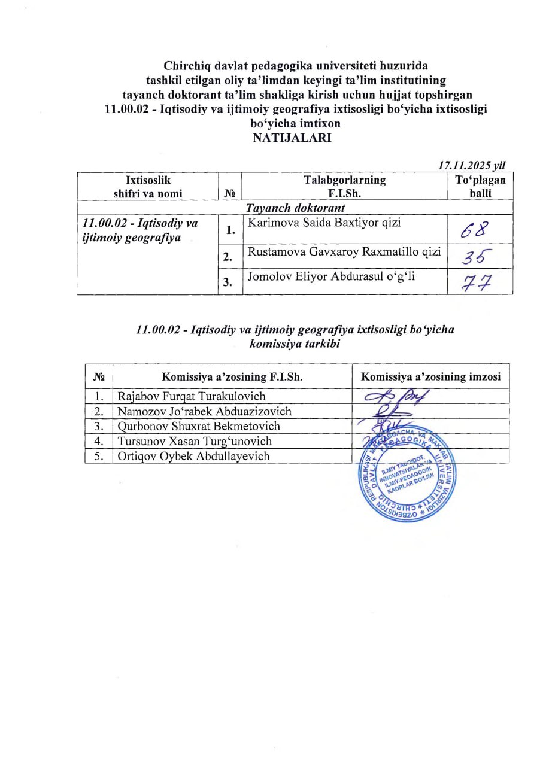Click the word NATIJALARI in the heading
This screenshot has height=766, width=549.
(292, 138)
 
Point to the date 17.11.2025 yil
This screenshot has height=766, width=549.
(474, 166)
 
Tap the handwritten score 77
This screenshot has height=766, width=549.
(477, 282)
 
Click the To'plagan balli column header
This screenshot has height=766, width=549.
(480, 186)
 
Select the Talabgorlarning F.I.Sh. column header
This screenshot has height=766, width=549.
(344, 186)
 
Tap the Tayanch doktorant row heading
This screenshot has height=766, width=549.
(295, 208)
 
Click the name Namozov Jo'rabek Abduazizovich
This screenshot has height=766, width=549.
(205, 411)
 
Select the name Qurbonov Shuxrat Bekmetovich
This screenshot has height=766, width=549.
(199, 426)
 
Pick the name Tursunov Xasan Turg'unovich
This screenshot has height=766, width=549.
(195, 441)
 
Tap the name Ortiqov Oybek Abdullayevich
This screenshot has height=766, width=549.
(194, 456)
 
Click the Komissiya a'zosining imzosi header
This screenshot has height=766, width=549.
(430, 376)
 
